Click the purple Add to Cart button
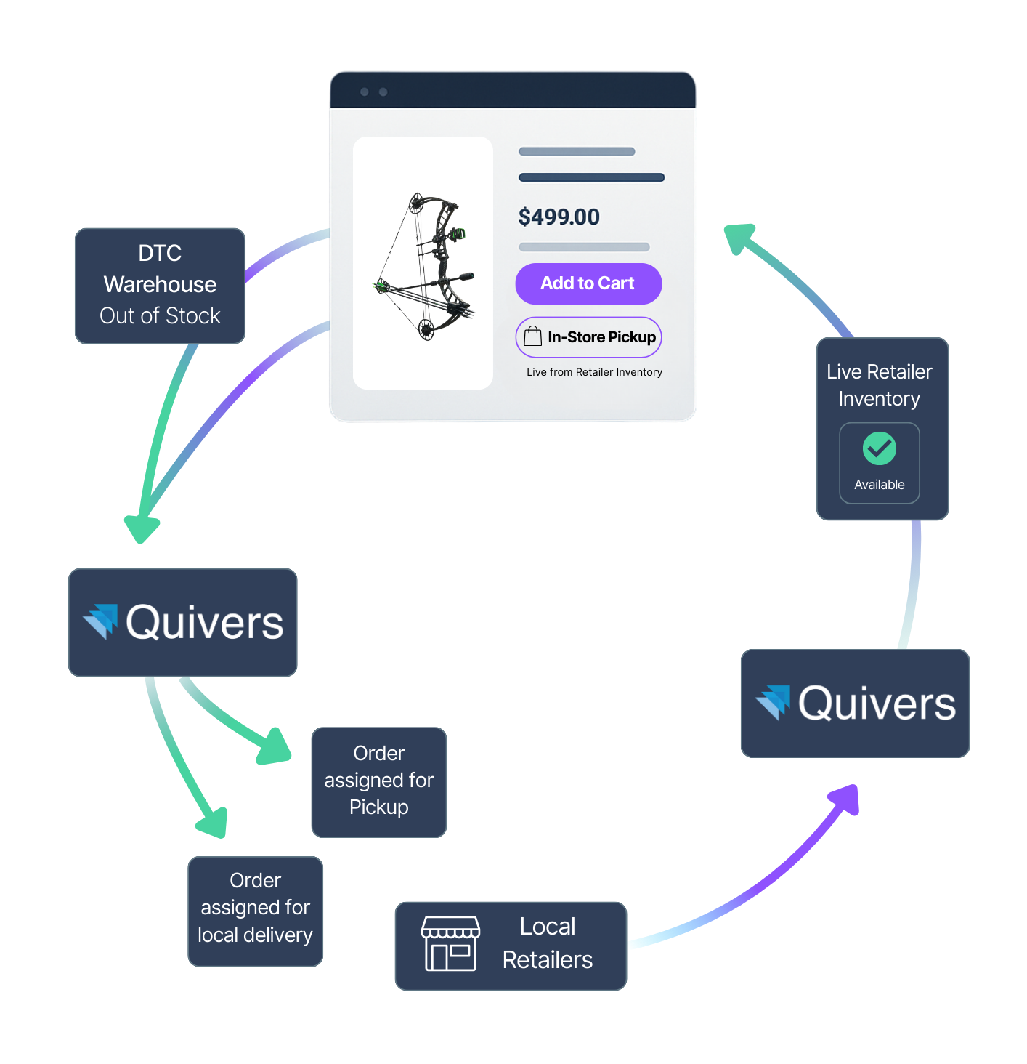pos(588,283)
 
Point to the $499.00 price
pos(559,217)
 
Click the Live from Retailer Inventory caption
pos(594,372)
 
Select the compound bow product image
pos(424,265)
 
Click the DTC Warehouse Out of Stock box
pos(160,286)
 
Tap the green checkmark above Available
pos(879,448)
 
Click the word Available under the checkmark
pos(879,485)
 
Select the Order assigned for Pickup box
pos(378,781)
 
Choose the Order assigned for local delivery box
pos(255,911)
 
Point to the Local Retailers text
pos(547,943)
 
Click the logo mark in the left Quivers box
pos(101,621)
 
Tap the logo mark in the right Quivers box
pos(773,701)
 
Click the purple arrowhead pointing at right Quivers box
pos(846,799)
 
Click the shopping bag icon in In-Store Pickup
pos(533,336)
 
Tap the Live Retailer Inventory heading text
pos(879,385)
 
